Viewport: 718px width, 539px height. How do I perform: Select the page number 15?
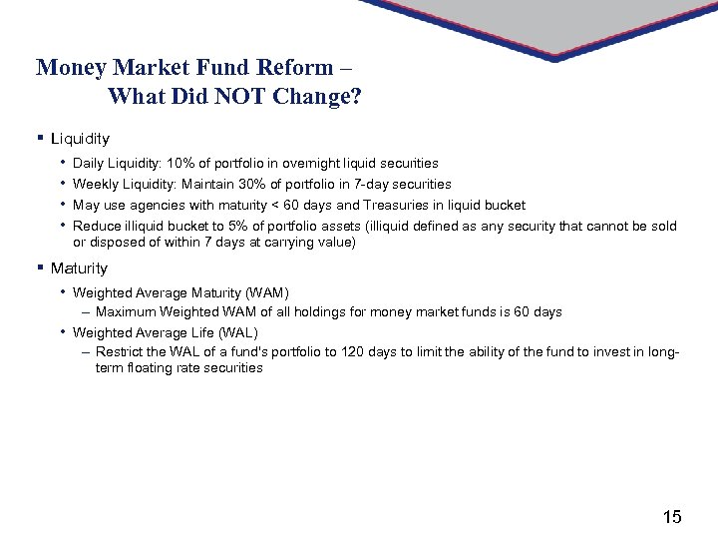(672, 516)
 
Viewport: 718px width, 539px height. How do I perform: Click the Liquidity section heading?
(80, 139)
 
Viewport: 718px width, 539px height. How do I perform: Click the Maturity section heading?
(79, 269)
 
